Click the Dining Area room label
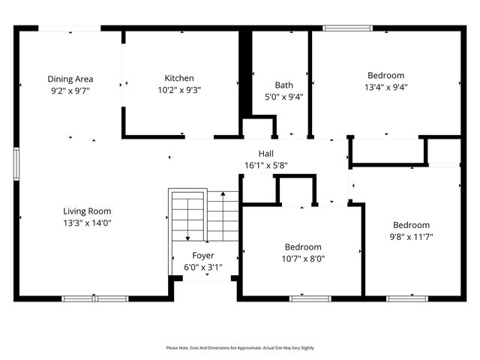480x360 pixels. [x=70, y=79]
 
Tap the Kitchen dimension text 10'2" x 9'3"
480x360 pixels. [x=179, y=89]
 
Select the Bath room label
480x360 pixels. [x=283, y=85]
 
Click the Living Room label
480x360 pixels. [x=87, y=211]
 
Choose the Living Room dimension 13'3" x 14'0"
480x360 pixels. [x=87, y=223]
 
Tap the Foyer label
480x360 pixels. [x=203, y=256]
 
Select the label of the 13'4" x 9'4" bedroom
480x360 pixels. [x=385, y=75]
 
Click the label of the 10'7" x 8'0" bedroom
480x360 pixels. [x=303, y=247]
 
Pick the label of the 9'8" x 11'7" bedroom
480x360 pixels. [x=412, y=225]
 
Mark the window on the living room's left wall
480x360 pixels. [x=16, y=163]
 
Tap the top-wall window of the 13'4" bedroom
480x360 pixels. [x=347, y=28]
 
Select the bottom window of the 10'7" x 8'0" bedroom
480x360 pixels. [x=310, y=298]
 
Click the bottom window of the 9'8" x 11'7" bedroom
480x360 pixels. [x=408, y=298]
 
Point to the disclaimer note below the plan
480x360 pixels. [x=240, y=348]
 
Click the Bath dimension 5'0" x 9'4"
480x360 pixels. [x=283, y=96]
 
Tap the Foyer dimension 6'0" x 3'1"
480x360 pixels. [x=203, y=267]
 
